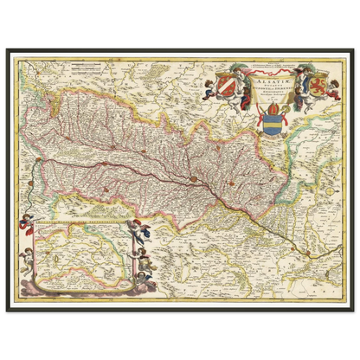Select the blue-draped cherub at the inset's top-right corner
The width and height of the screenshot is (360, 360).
click(138, 226)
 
